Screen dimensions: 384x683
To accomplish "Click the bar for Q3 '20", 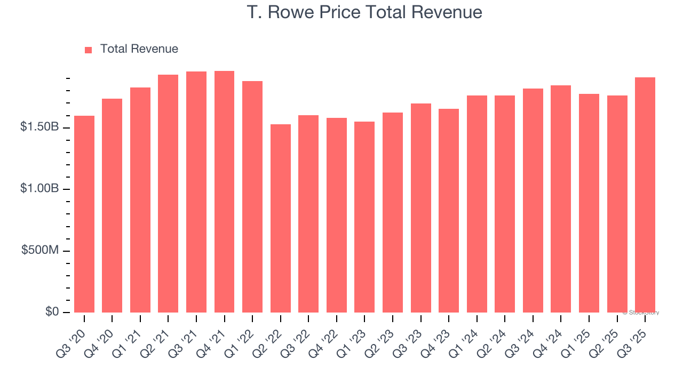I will point(84,214).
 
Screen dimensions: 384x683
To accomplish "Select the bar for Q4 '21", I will point(224,191).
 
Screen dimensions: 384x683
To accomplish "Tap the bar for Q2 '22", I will point(281,218).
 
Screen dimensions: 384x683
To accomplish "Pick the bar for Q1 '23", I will point(364,217).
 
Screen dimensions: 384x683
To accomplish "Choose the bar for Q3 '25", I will point(645,195).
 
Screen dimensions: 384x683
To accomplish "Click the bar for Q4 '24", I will point(561,199).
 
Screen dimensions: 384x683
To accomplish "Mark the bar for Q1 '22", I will point(252,197).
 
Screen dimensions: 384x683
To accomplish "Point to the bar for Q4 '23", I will point(449,211).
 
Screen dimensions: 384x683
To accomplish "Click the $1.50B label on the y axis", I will point(40,127).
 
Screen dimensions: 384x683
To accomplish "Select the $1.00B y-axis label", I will point(40,189).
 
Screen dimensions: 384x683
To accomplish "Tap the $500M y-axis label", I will point(40,251).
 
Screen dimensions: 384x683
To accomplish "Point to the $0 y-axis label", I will point(51,312).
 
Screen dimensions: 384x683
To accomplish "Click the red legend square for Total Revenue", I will point(89,50).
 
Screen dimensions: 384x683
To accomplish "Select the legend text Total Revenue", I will point(139,49).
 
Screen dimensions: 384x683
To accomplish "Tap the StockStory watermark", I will point(641,313).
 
